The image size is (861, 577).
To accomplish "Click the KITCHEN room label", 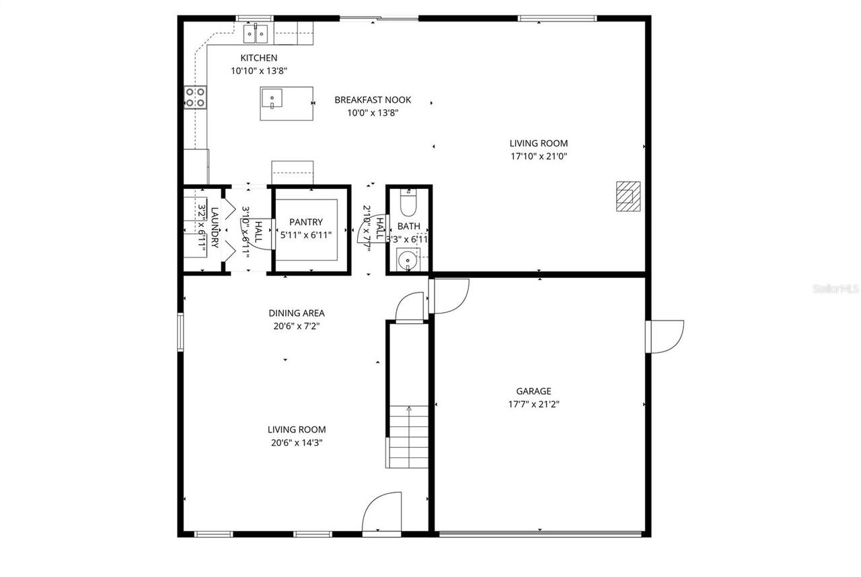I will (x=259, y=58).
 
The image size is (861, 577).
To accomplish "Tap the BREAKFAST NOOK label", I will (x=373, y=100).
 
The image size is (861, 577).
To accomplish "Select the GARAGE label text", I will (x=533, y=391).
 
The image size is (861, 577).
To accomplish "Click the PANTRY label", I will (x=306, y=223).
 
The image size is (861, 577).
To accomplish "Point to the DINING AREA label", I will (x=297, y=313).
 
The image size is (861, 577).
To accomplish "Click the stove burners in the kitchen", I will (x=196, y=98).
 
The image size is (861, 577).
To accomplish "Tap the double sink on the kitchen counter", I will (x=256, y=32).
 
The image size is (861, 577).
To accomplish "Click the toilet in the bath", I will (x=408, y=201).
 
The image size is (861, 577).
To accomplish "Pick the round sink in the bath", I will (x=406, y=258).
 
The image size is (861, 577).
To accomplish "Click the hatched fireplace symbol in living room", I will (x=628, y=196).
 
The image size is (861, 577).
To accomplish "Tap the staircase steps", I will (x=408, y=437).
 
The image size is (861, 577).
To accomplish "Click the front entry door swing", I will (x=382, y=511).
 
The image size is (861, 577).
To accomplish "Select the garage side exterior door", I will (x=665, y=336).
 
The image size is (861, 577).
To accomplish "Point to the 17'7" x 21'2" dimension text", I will (x=533, y=405).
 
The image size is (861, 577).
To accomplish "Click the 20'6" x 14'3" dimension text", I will (x=297, y=443).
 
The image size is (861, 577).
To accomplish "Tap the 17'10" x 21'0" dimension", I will (x=538, y=157).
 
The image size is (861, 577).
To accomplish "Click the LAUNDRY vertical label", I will (x=215, y=228).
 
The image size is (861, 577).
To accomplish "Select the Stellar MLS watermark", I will (x=836, y=288).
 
